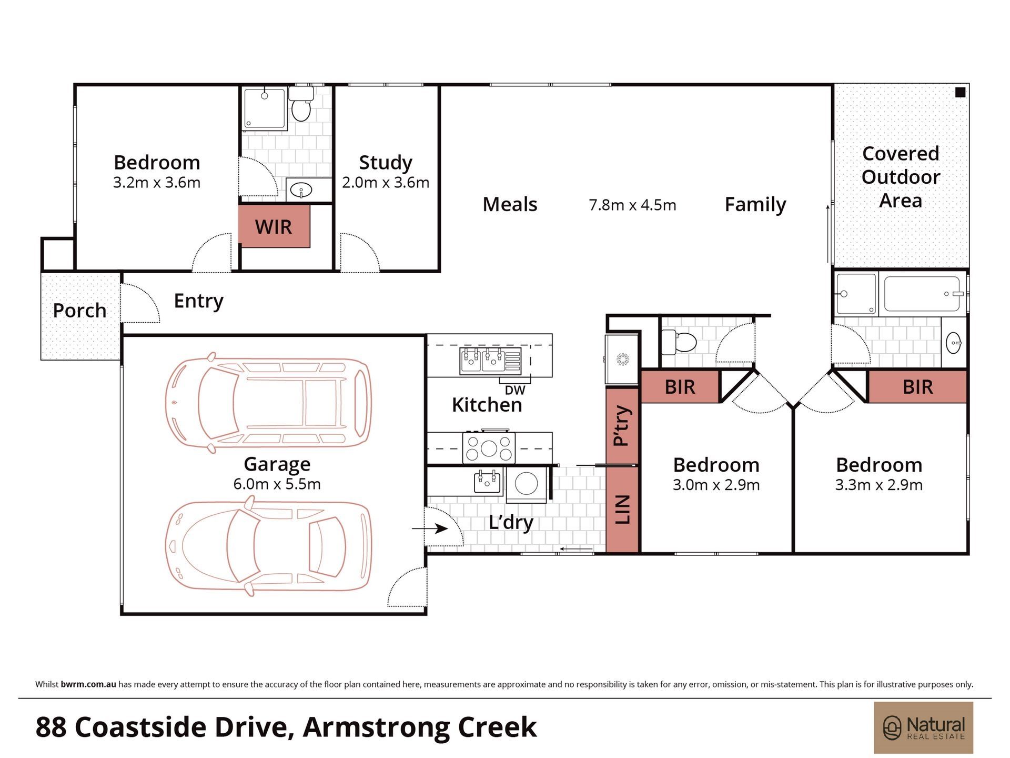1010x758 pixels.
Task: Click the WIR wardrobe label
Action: [273, 227]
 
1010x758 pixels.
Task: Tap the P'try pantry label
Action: [622, 426]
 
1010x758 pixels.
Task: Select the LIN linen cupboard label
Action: [622, 509]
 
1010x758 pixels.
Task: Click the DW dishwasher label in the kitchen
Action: [515, 390]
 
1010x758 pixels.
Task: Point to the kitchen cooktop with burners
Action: [489, 448]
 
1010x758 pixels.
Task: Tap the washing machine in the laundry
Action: [527, 484]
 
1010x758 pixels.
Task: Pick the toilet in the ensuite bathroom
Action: [301, 104]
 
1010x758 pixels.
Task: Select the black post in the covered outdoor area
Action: [960, 93]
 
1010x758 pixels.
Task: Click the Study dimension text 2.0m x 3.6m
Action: [386, 183]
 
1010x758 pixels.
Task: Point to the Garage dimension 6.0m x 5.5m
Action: [277, 484]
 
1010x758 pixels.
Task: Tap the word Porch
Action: [79, 311]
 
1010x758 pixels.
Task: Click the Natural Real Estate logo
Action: [924, 727]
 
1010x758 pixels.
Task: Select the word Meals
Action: [510, 204]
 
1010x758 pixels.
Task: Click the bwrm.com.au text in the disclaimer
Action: [88, 684]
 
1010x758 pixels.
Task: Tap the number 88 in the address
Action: [51, 727]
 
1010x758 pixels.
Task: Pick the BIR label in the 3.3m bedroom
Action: [917, 387]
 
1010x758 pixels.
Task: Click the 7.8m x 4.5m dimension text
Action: [632, 205]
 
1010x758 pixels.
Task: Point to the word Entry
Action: [199, 301]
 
